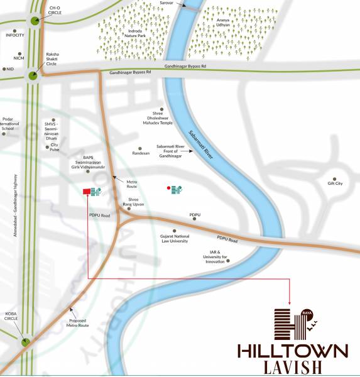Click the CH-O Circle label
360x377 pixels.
coord(55,10)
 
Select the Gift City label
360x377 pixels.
coord(334,183)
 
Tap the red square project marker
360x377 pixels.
coord(86,192)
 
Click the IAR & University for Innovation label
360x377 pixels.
coord(212,257)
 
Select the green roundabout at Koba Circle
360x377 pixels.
coord(26,342)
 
